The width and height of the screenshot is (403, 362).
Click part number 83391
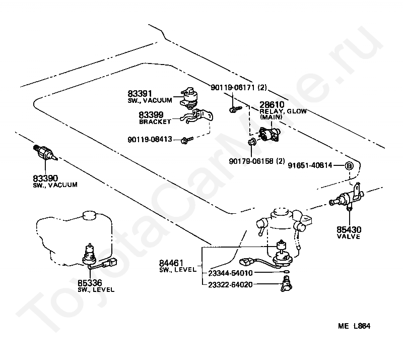point(140,93)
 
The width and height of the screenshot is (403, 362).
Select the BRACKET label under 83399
point(155,122)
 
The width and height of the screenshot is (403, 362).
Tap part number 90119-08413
point(150,140)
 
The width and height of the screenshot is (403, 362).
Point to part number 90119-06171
point(233,88)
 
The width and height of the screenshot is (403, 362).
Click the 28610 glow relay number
point(272,104)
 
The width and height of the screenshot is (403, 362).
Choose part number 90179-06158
point(251,161)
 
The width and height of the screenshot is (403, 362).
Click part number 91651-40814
point(310,165)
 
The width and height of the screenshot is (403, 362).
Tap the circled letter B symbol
point(349,166)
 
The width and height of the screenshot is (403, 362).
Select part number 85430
point(349,229)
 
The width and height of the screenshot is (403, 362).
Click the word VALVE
point(349,236)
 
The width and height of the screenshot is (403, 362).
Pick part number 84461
point(171,263)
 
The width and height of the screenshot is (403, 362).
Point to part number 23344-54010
point(230,273)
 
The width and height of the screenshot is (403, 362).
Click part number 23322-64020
point(230,284)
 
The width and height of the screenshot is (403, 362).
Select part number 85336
point(90,283)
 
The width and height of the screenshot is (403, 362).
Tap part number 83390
point(45,178)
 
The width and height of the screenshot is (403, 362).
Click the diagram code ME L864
point(354,326)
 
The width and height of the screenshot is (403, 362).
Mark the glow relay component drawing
point(270,134)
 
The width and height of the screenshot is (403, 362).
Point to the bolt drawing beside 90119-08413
point(187,140)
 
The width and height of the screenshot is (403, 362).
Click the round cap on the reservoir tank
point(89,215)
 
